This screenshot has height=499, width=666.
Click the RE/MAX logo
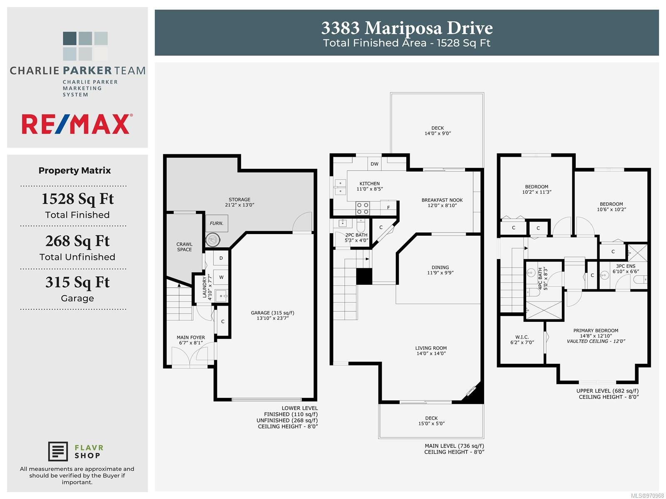click(x=77, y=124)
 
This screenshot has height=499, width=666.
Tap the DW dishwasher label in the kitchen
click(x=374, y=164)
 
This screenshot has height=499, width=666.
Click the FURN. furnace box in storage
click(x=216, y=223)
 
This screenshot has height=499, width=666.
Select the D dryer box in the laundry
click(x=221, y=258)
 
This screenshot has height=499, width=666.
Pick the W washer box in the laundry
click(x=221, y=277)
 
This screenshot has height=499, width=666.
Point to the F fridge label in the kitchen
click(x=388, y=208)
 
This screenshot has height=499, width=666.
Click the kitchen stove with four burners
click(x=363, y=208)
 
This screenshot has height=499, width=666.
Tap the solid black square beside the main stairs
click(x=364, y=276)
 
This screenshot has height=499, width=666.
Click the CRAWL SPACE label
click(x=184, y=247)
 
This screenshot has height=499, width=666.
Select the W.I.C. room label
click(x=522, y=337)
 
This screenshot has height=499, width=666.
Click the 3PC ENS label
click(x=626, y=266)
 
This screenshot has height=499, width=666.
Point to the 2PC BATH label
click(x=356, y=235)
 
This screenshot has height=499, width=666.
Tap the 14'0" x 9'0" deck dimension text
click(x=437, y=133)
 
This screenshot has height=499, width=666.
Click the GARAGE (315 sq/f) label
click(x=273, y=313)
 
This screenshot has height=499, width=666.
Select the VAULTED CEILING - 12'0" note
click(x=596, y=341)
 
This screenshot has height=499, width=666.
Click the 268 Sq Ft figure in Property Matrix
click(x=77, y=241)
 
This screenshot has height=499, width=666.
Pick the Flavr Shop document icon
click(x=57, y=452)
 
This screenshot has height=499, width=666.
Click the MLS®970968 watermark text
click(x=647, y=496)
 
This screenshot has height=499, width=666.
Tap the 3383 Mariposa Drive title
click(x=407, y=28)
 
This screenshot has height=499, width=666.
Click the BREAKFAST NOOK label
click(x=442, y=200)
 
